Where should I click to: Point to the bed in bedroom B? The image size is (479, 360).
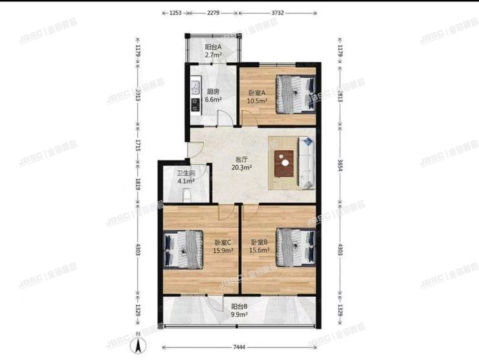click(x=295, y=246)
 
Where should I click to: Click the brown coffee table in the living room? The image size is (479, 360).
click(x=284, y=163)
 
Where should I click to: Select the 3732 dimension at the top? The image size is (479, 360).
click(x=278, y=12)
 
